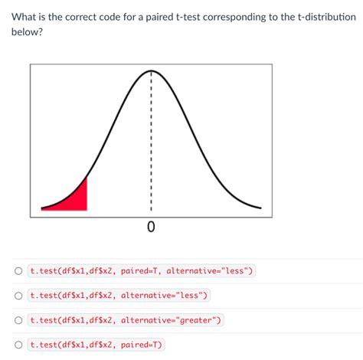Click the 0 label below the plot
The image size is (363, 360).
tap(151, 227)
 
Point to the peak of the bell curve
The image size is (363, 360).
tap(151, 70)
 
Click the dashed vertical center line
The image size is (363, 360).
tap(151, 138)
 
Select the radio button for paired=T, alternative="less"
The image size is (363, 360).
tap(17, 271)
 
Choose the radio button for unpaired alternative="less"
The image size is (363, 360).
tap(17, 296)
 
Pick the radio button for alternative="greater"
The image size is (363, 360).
tap(17, 320)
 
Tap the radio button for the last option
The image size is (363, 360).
tap(17, 345)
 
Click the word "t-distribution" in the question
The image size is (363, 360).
tap(322, 17)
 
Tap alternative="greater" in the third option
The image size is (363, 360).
tap(171, 320)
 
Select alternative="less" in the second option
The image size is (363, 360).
tap(163, 296)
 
